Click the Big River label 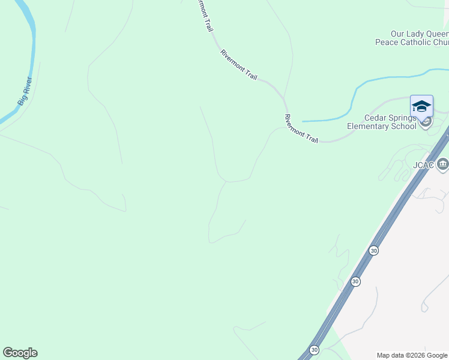tap(25, 91)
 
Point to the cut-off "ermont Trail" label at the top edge tap(205, 16)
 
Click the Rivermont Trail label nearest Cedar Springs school tap(301, 128)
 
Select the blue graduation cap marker tap(421, 106)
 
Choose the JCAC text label tap(423, 165)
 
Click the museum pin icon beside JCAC tap(442, 164)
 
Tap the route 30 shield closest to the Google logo tap(314, 349)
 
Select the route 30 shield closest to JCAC tap(374, 250)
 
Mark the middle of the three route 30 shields tap(355, 281)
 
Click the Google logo tap(20, 353)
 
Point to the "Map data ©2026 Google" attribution tap(411, 355)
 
